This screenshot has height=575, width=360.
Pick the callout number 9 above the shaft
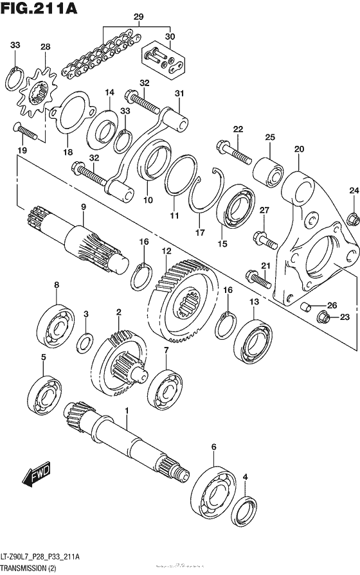pyautogui.click(x=83, y=206)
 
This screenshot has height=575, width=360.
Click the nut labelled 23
pyautogui.click(x=324, y=316)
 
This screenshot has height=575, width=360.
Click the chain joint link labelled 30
pyautogui.click(x=164, y=61)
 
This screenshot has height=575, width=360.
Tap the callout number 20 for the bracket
pyautogui.click(x=298, y=149)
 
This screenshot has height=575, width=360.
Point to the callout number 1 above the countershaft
pyautogui.click(x=127, y=411)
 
